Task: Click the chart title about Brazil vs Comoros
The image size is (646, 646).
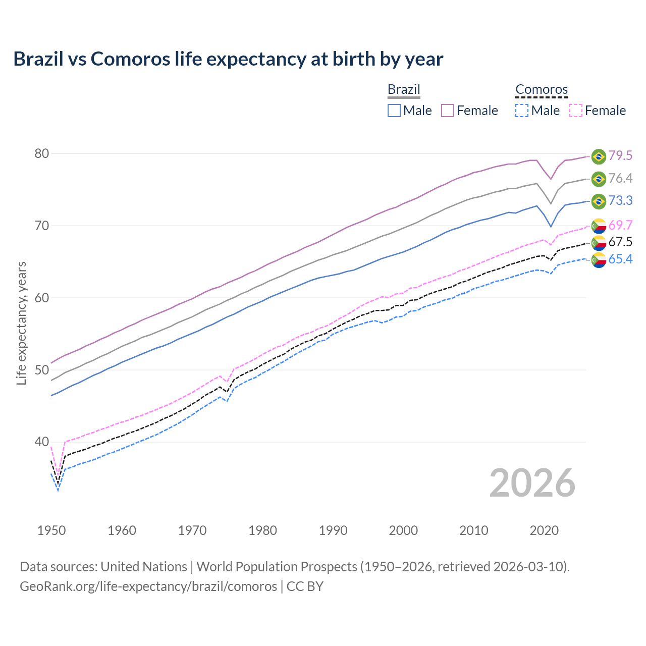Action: pos(228,59)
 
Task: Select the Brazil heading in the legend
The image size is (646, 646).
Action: pos(404,89)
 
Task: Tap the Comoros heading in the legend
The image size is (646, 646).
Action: pos(542,90)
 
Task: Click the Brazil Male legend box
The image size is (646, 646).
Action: pos(394,111)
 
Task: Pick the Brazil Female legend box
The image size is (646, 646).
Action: pos(448,111)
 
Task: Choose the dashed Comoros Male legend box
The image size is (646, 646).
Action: pos(522,111)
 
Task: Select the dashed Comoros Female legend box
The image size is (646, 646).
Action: pos(576,111)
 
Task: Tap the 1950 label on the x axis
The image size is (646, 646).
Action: pos(51,530)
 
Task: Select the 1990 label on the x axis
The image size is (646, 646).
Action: pos(333,530)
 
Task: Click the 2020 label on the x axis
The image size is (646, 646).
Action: pos(544,530)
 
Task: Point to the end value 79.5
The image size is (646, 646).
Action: pos(620,156)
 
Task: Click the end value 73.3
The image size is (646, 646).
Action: pos(620,201)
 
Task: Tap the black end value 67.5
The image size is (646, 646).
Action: pos(620,242)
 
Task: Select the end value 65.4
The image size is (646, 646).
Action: pos(620,259)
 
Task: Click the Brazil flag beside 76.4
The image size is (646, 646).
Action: pos(599,179)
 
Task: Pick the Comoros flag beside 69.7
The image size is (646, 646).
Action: pos(599,226)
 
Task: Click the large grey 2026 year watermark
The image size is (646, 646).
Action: pos(532,483)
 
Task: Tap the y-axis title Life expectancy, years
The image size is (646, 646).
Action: pos(21,323)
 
